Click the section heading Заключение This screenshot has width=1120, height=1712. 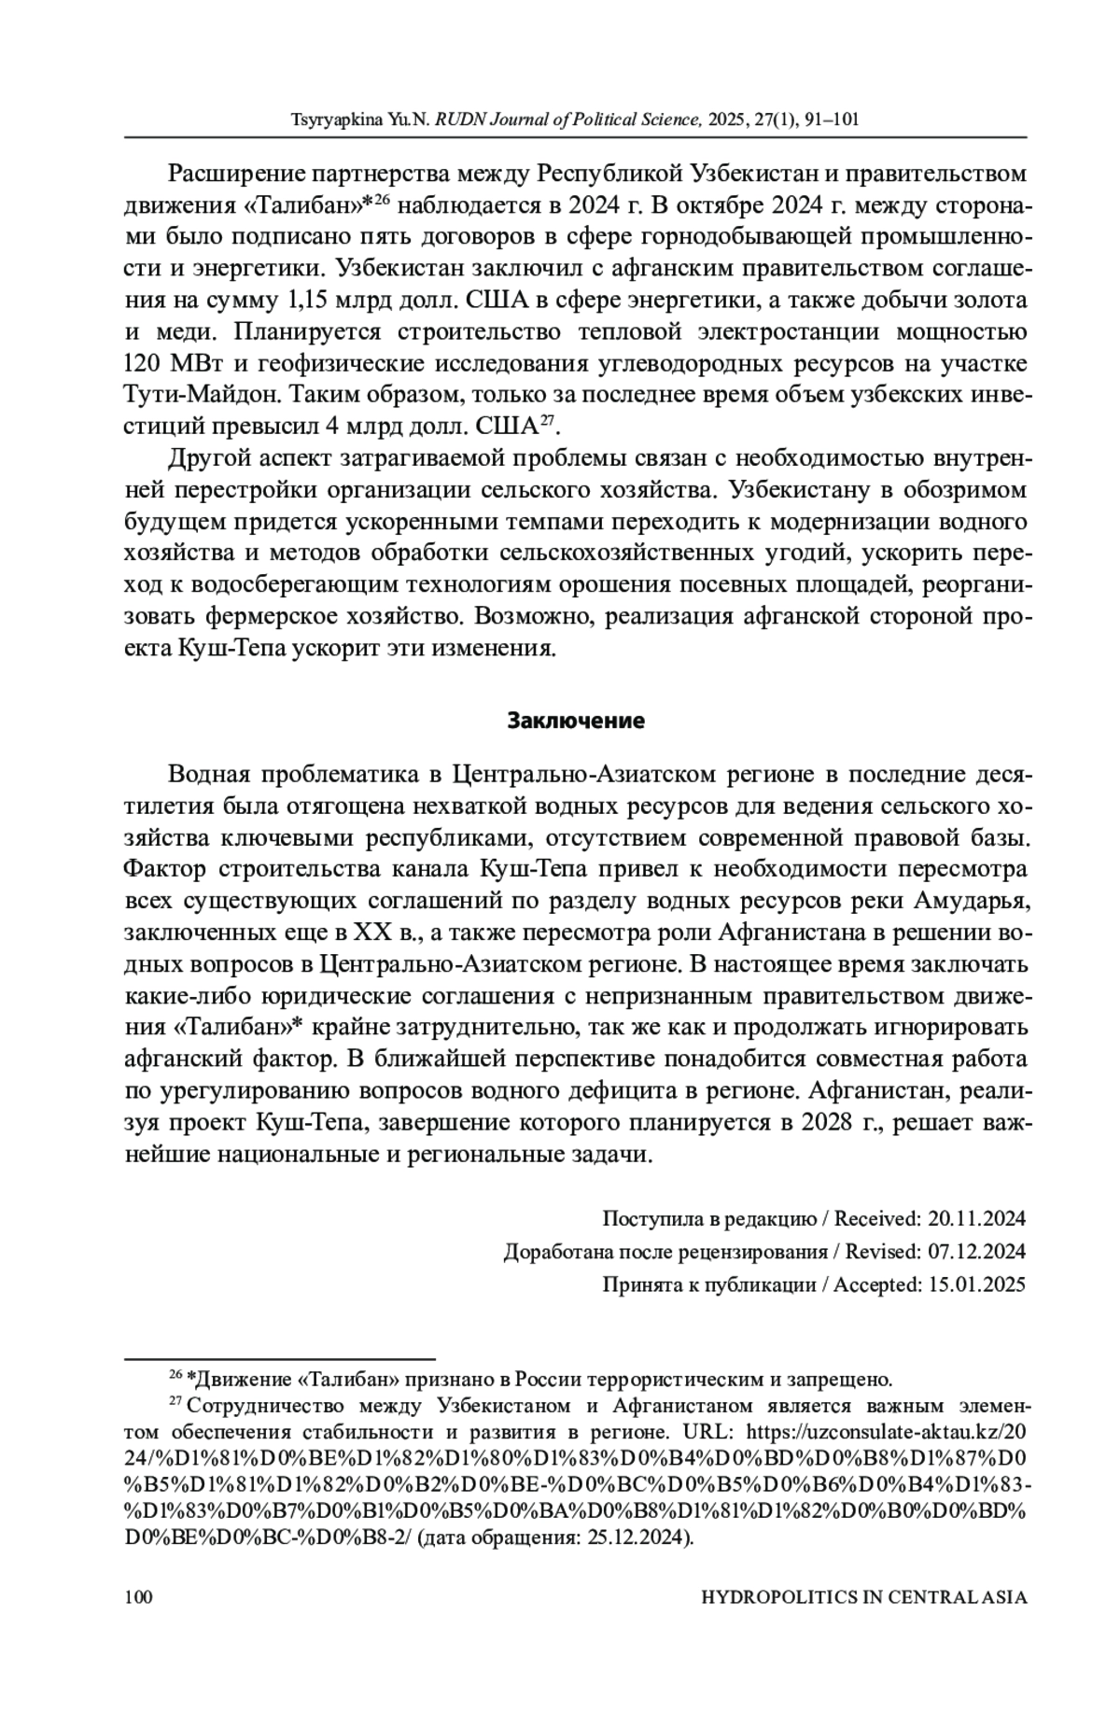click(x=576, y=721)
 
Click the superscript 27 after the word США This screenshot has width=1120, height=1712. click(x=548, y=421)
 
